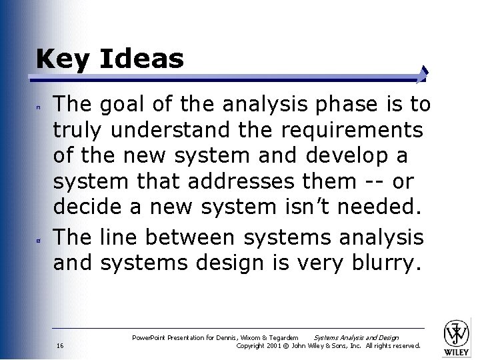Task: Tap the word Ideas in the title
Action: pos(141,59)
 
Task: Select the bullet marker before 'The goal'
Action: pos(39,105)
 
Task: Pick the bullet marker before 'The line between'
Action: pos(39,237)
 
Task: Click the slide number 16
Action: pos(60,345)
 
